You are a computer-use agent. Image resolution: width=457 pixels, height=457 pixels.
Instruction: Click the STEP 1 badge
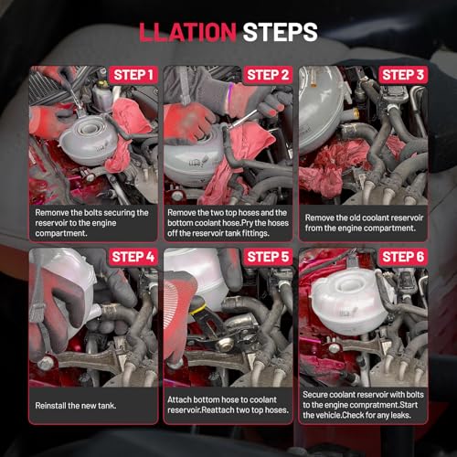133,75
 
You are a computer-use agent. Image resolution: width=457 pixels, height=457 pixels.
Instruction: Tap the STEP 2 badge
268,75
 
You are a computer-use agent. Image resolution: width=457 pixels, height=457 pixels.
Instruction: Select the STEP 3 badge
403,75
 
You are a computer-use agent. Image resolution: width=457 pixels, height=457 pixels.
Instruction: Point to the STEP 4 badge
133,257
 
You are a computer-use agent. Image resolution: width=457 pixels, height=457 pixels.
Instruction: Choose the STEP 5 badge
268,257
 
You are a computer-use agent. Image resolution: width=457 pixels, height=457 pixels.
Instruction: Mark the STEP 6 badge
403,257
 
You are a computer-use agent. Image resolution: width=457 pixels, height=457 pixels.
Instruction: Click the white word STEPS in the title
280,32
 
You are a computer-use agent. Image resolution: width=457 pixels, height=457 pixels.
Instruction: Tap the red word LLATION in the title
187,32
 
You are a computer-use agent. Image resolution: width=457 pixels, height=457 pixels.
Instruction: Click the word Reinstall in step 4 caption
50,406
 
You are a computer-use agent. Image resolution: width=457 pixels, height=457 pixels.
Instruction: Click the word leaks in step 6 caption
401,415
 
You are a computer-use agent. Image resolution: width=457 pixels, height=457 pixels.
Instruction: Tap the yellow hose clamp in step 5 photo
197,309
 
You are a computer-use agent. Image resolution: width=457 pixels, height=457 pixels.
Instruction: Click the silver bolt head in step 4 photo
46,363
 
